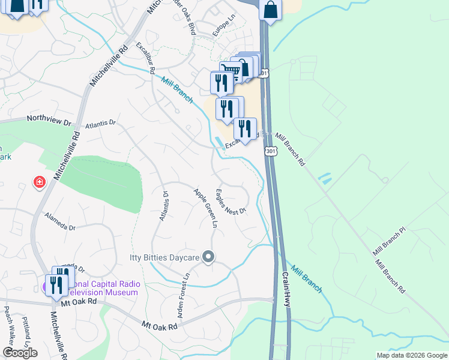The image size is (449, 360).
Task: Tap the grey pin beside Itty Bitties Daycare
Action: [x=208, y=257]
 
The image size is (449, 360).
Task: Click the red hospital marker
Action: [x=40, y=182]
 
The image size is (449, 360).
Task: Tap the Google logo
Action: [x=20, y=353]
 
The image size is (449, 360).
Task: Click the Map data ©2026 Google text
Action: [x=411, y=355]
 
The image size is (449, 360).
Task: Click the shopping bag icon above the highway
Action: [x=271, y=10]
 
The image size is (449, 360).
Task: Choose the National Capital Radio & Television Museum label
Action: [x=102, y=288]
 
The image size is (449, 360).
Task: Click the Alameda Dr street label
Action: [x=60, y=228]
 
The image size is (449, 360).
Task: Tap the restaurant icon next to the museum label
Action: [x=56, y=285]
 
